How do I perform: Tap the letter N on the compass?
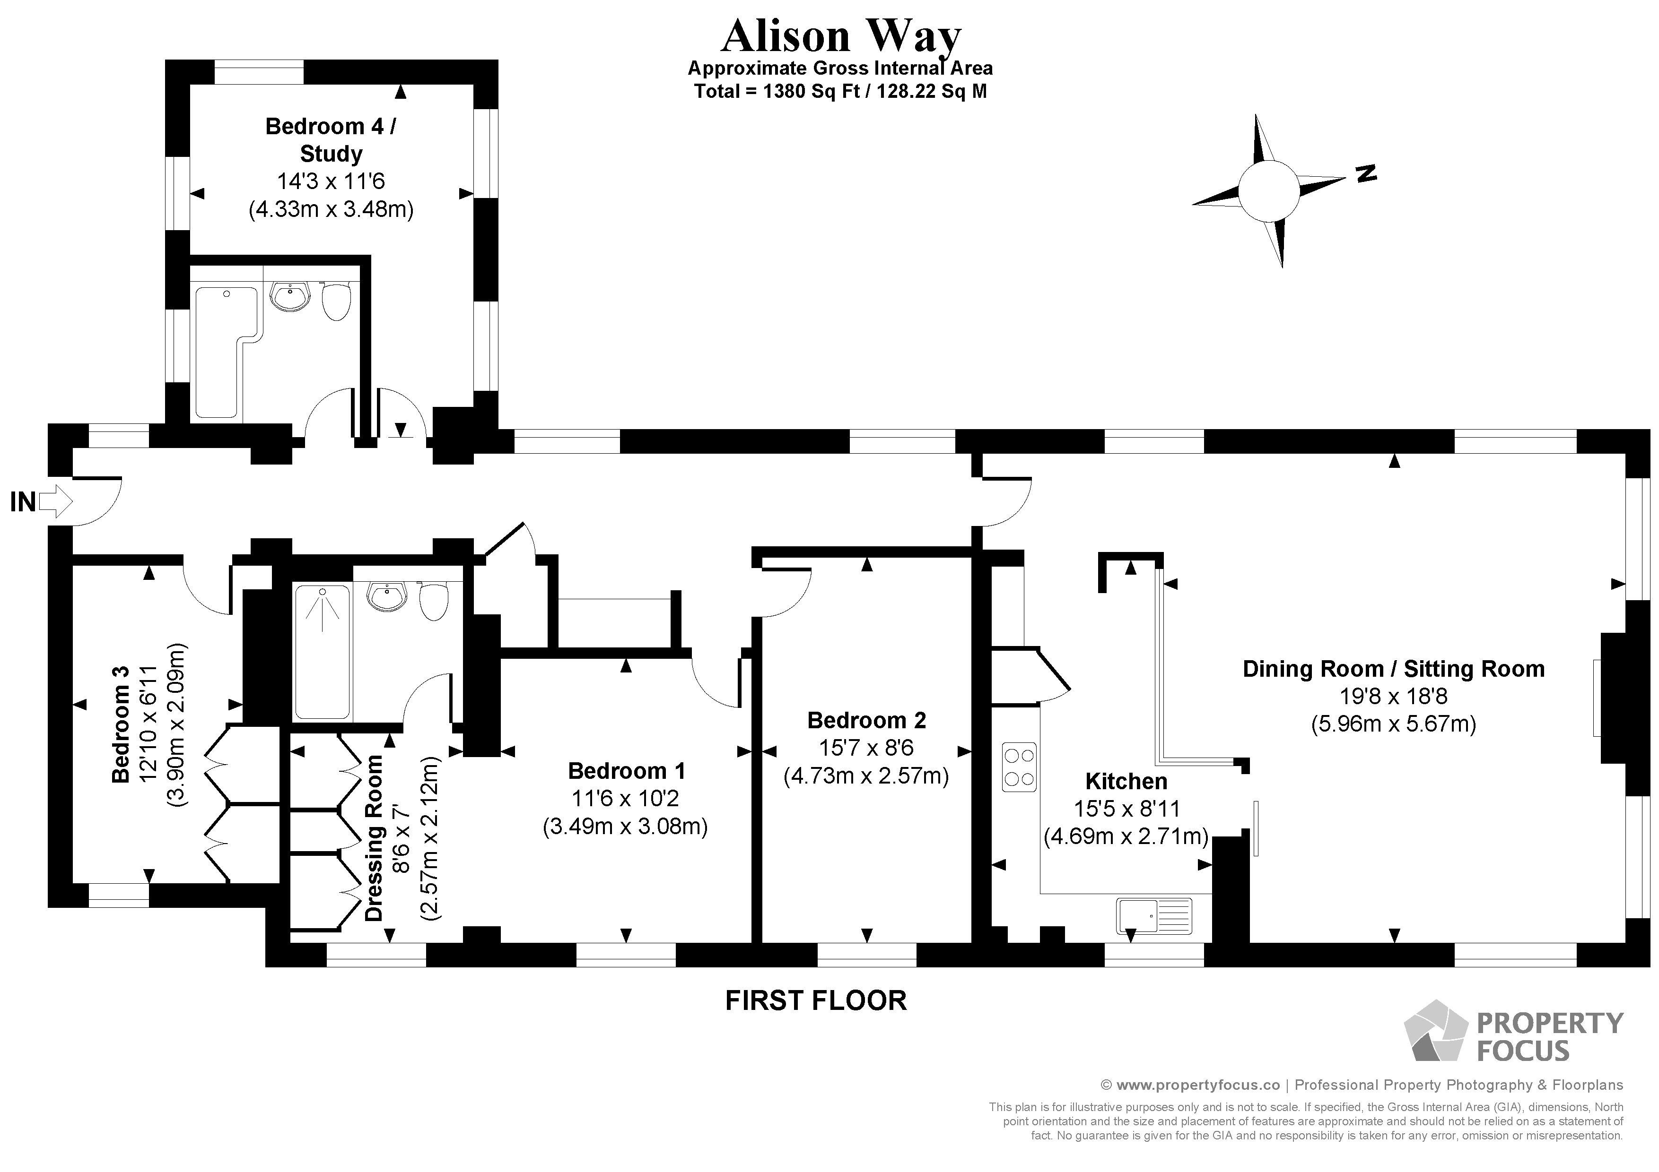click(1366, 173)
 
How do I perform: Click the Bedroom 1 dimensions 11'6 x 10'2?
click(625, 799)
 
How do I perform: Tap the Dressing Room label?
click(374, 838)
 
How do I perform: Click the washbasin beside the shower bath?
click(387, 597)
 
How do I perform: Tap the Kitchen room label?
click(1126, 781)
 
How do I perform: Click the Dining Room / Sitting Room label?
click(1393, 669)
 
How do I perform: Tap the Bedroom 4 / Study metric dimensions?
click(331, 209)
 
